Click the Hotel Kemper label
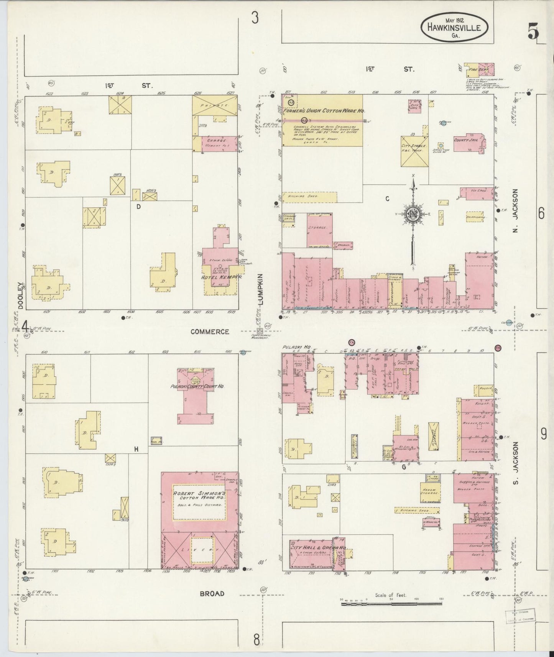point(220,277)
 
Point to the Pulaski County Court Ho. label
point(197,387)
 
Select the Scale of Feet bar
point(391,604)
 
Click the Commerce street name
point(210,332)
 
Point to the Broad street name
point(212,594)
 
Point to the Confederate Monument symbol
point(260,331)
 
